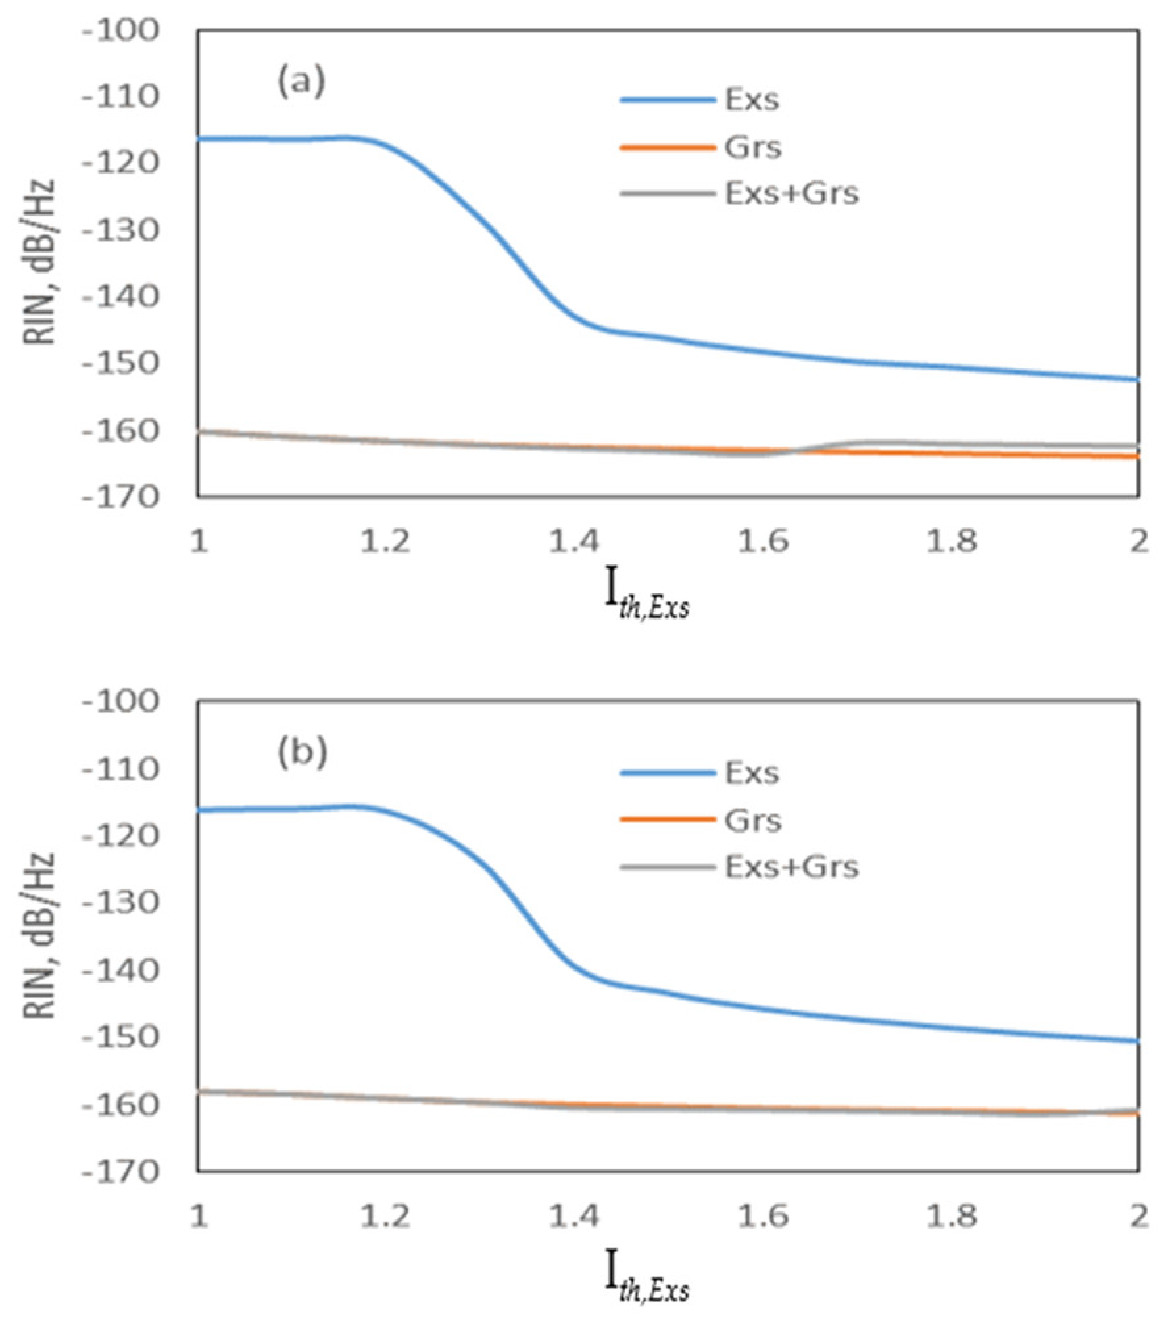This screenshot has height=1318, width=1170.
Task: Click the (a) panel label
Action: click(x=301, y=82)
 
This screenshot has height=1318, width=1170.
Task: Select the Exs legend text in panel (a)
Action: click(x=752, y=100)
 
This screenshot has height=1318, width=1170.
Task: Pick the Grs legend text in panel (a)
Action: click(x=753, y=147)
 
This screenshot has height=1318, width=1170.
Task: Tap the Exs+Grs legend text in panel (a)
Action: click(x=792, y=194)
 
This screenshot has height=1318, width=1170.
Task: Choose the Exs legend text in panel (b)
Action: click(x=752, y=773)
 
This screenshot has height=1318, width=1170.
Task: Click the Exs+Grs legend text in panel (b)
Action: click(x=792, y=867)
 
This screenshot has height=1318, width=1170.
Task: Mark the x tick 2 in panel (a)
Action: click(x=1139, y=542)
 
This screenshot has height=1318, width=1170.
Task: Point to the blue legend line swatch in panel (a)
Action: click(x=667, y=100)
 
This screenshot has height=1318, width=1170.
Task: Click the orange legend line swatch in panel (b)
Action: click(x=667, y=819)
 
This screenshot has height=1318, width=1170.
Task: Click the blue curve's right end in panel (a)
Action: click(x=1138, y=379)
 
